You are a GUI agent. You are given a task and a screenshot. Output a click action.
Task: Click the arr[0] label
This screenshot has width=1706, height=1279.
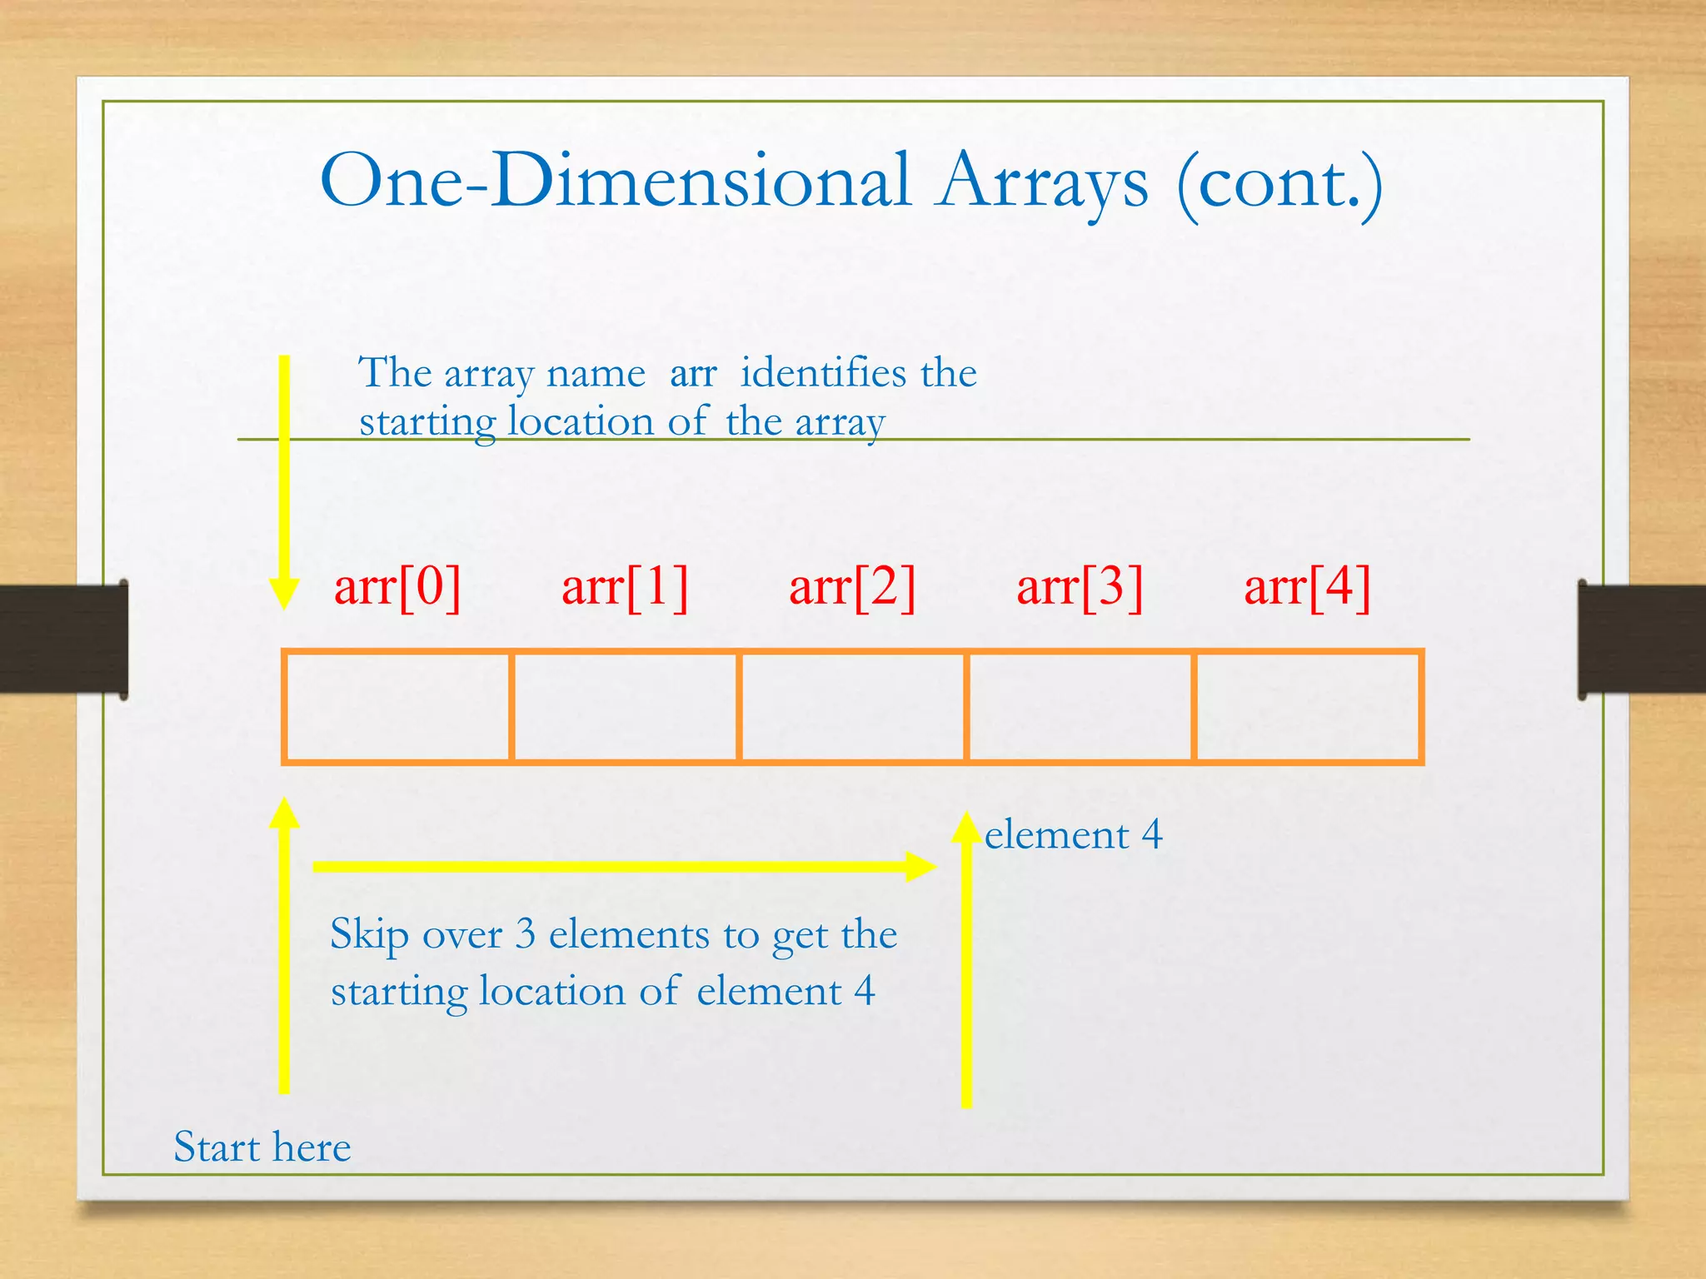tap(397, 588)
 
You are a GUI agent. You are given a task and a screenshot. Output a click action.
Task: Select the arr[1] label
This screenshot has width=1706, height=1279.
tap(625, 588)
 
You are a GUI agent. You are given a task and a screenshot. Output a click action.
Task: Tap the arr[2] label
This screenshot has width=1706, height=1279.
tap(852, 588)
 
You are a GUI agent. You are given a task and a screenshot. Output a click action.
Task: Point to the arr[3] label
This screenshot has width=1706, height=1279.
tap(1080, 588)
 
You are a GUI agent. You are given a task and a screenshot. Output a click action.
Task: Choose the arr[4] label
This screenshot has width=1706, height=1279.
tap(1307, 588)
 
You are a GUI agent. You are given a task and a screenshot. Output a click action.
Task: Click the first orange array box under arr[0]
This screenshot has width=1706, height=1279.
tap(397, 707)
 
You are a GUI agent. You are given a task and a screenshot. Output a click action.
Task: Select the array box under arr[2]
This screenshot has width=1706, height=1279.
tap(852, 707)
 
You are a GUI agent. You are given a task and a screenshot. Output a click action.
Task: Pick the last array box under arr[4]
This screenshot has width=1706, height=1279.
tap(1307, 707)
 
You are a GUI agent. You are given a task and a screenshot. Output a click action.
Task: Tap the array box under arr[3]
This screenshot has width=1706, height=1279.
tap(1080, 707)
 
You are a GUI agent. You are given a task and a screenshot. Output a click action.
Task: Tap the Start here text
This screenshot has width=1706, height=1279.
tap(262, 1147)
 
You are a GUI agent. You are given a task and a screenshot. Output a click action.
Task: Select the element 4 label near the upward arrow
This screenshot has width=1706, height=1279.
tap(1073, 835)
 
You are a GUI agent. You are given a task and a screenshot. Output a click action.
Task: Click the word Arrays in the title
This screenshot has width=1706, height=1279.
tap(1041, 183)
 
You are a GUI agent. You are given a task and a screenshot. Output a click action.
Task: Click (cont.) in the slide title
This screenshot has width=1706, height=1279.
tap(1279, 183)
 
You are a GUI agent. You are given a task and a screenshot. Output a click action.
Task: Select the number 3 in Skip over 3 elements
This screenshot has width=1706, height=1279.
tap(525, 934)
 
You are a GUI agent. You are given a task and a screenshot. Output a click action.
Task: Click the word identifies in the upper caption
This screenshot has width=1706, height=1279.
tap(823, 372)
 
